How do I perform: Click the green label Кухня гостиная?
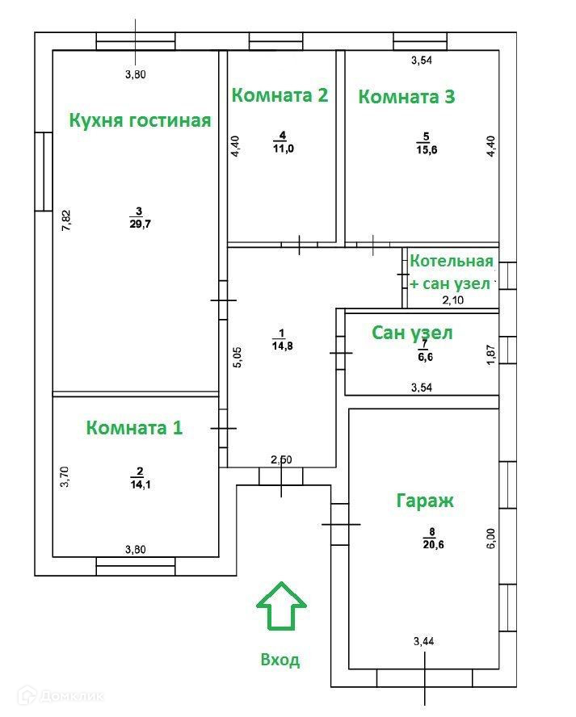point(140,121)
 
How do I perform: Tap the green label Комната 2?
point(280,95)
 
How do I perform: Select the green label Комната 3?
point(406,97)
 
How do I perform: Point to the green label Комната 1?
point(134,428)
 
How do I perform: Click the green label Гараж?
point(424,501)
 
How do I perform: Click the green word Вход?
point(280,660)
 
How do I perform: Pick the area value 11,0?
point(282,147)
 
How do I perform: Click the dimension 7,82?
point(67,220)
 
